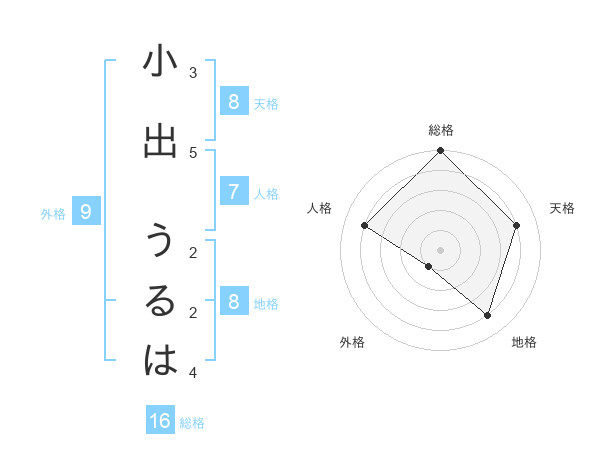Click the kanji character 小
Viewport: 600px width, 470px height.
pyautogui.click(x=160, y=62)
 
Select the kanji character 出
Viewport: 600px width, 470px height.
pyautogui.click(x=160, y=142)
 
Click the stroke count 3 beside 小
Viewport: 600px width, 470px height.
pyautogui.click(x=193, y=73)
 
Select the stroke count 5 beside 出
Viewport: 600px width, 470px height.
pyautogui.click(x=193, y=152)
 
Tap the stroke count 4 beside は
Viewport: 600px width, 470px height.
pyautogui.click(x=193, y=373)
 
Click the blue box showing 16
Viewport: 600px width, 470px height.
pyautogui.click(x=160, y=421)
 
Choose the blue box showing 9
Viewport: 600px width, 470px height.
pyautogui.click(x=86, y=211)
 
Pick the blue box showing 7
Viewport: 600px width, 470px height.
pyautogui.click(x=233, y=191)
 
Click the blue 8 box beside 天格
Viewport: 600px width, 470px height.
pyautogui.click(x=233, y=101)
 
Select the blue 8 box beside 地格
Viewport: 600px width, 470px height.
pyautogui.click(x=233, y=301)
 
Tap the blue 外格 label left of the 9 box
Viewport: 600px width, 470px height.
pyautogui.click(x=53, y=213)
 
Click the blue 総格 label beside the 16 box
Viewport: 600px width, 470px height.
pyautogui.click(x=192, y=423)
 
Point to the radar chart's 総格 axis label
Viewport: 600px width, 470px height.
pyautogui.click(x=441, y=130)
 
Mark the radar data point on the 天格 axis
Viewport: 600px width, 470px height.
pyautogui.click(x=517, y=226)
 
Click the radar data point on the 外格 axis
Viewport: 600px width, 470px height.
pyautogui.click(x=429, y=267)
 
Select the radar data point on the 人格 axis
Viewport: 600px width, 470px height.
pyautogui.click(x=365, y=226)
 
